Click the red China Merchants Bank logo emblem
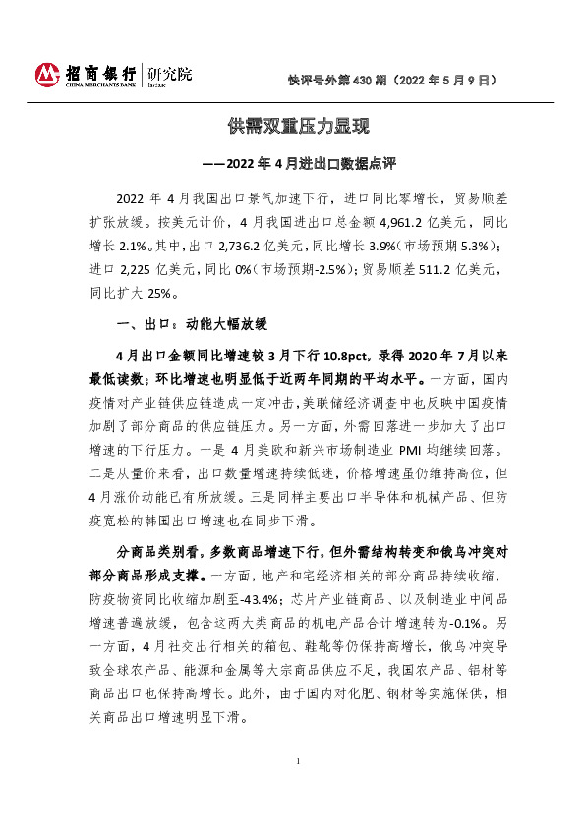pyautogui.click(x=48, y=74)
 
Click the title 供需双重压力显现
pyautogui.click(x=291, y=127)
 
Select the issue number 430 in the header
pyautogui.click(x=362, y=78)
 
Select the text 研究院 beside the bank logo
pyautogui.click(x=169, y=74)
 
